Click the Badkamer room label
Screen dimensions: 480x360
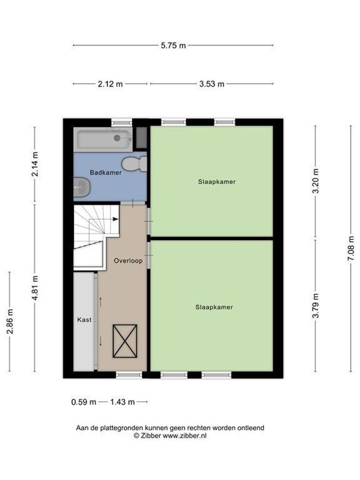(105, 172)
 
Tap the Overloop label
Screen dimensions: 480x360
(128, 261)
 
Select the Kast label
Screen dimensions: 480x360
(84, 320)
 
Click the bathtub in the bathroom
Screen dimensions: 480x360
(104, 139)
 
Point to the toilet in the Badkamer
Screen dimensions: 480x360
(134, 164)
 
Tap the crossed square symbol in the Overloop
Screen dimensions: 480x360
(124, 341)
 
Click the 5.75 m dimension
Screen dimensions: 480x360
(173, 45)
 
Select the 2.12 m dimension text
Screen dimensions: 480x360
(110, 84)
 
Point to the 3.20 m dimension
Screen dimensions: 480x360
(316, 181)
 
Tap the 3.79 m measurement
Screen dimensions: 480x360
(316, 307)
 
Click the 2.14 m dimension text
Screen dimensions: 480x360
(35, 165)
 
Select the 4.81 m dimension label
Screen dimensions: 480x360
(35, 288)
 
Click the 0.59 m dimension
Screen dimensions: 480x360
(84, 402)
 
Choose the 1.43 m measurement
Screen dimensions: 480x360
(122, 402)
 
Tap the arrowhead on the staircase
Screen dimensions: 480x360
(116, 219)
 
